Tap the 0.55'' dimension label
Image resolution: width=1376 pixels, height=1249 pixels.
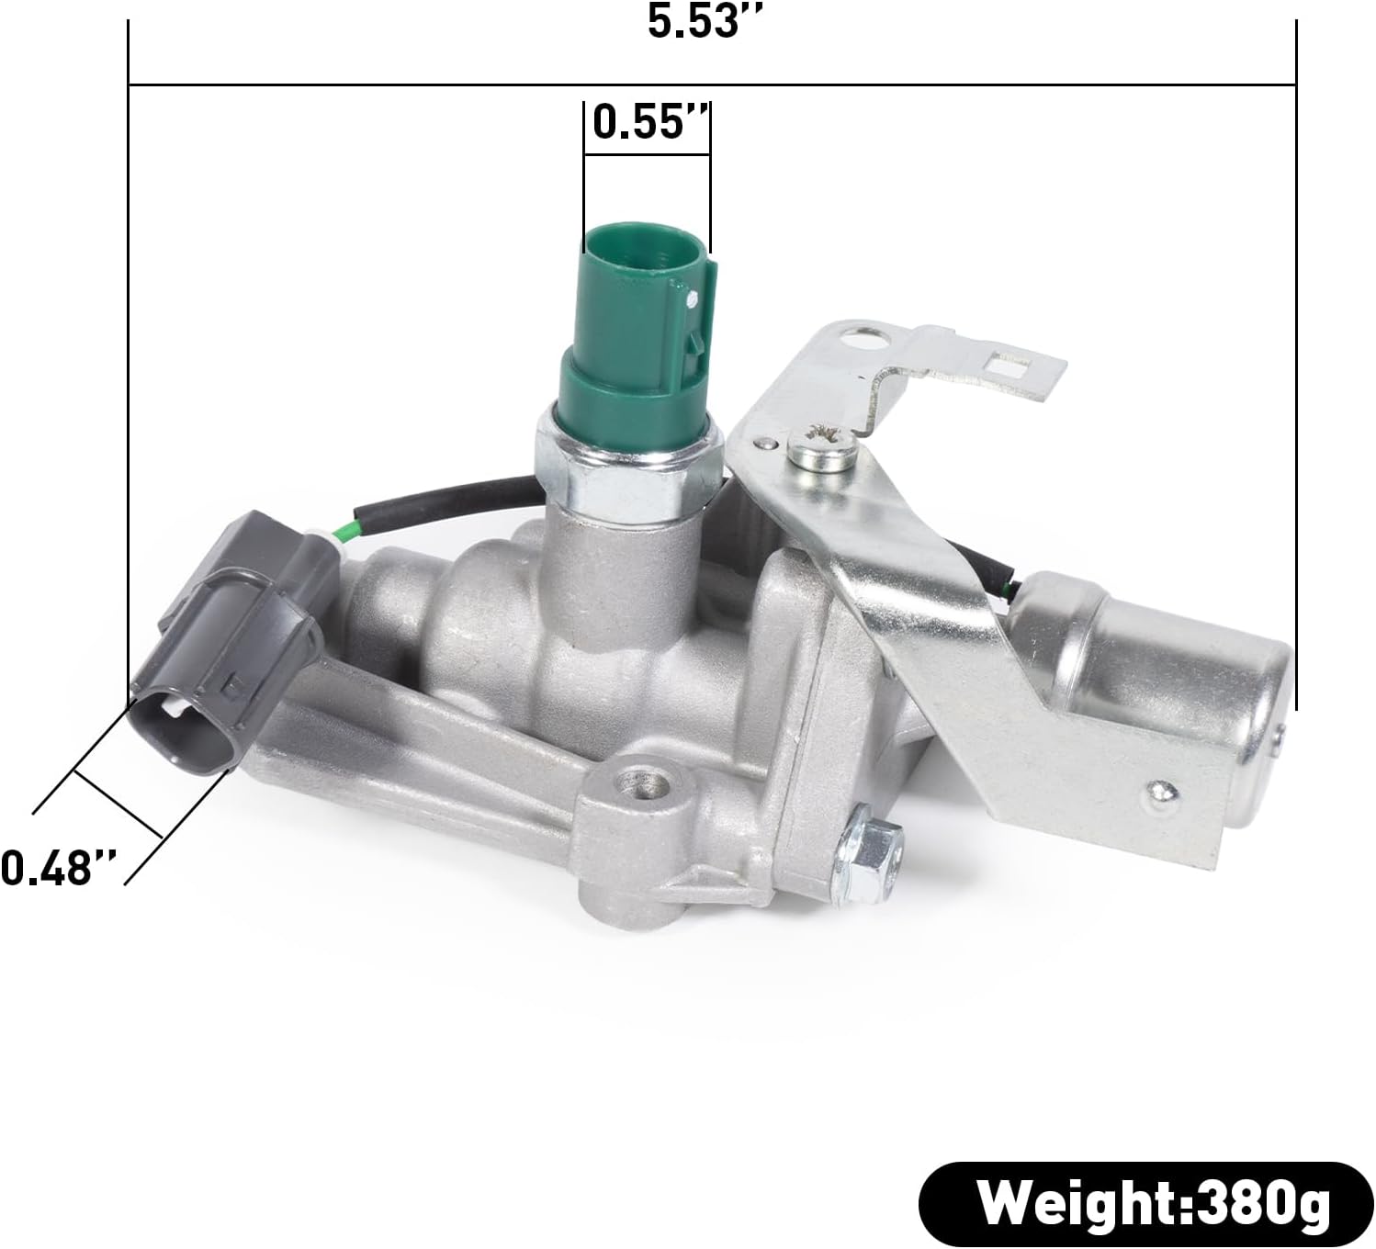[649, 121]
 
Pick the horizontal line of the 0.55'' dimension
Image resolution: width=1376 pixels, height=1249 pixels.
[647, 154]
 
